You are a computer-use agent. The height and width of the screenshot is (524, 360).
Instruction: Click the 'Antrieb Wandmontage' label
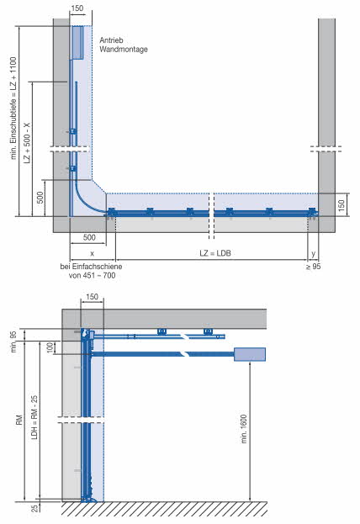[x=124, y=45]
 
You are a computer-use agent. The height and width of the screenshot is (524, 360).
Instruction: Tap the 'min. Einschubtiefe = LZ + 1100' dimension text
[x=13, y=108]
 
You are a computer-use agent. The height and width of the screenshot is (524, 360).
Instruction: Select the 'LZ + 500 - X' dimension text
[x=27, y=143]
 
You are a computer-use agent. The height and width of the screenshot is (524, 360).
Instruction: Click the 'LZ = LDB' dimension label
[x=215, y=253]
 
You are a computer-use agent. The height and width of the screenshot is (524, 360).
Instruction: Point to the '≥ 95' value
[x=313, y=267]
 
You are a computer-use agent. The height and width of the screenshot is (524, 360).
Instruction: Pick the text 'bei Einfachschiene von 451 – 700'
[x=91, y=271]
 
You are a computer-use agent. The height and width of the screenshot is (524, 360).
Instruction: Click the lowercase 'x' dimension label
[x=93, y=254]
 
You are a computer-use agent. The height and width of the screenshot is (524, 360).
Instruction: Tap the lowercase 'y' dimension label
[x=313, y=254]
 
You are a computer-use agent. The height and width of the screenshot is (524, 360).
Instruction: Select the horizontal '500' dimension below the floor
[x=89, y=237]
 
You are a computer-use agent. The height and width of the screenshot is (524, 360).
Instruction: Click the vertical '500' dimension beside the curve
[x=40, y=198]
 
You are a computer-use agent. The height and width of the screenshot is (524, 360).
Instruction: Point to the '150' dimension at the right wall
[x=341, y=205]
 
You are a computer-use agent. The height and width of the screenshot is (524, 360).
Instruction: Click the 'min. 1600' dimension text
[x=244, y=429]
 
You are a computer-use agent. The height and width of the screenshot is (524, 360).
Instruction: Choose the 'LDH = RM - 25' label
[x=34, y=417]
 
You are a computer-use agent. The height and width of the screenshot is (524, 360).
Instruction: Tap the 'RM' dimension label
[x=19, y=420]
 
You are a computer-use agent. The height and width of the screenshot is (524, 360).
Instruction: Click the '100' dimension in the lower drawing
[x=50, y=347]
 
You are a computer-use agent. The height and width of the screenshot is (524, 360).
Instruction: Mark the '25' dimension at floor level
[x=34, y=509]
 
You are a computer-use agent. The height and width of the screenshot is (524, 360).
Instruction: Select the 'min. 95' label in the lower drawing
[x=13, y=341]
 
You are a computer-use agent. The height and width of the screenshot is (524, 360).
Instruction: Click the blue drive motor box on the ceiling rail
[x=250, y=354]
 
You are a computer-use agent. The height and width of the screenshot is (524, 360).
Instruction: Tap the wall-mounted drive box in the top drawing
[x=77, y=42]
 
